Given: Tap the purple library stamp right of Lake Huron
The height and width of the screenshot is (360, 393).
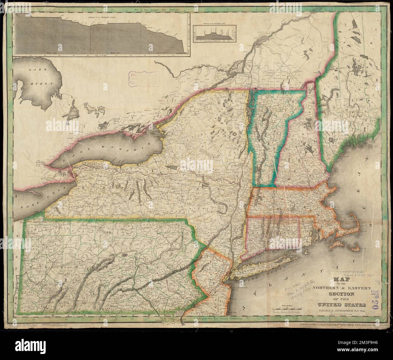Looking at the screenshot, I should (x=144, y=78).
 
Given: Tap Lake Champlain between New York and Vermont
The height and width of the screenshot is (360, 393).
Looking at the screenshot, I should (x=248, y=121).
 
